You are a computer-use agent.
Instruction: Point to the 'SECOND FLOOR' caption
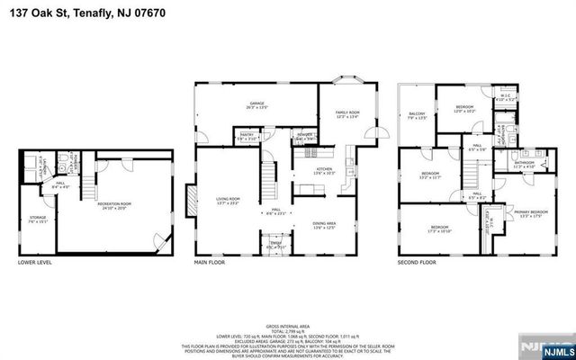[418, 264]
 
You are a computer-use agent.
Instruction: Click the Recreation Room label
[114, 205]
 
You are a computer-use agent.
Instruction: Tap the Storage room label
[37, 219]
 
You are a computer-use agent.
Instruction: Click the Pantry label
[246, 137]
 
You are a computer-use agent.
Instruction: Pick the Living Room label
[227, 200]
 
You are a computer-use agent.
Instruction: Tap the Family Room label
[347, 113]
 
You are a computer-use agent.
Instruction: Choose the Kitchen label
[324, 170]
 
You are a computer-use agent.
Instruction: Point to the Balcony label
[417, 115]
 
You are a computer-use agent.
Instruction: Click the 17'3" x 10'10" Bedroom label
[438, 228]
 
